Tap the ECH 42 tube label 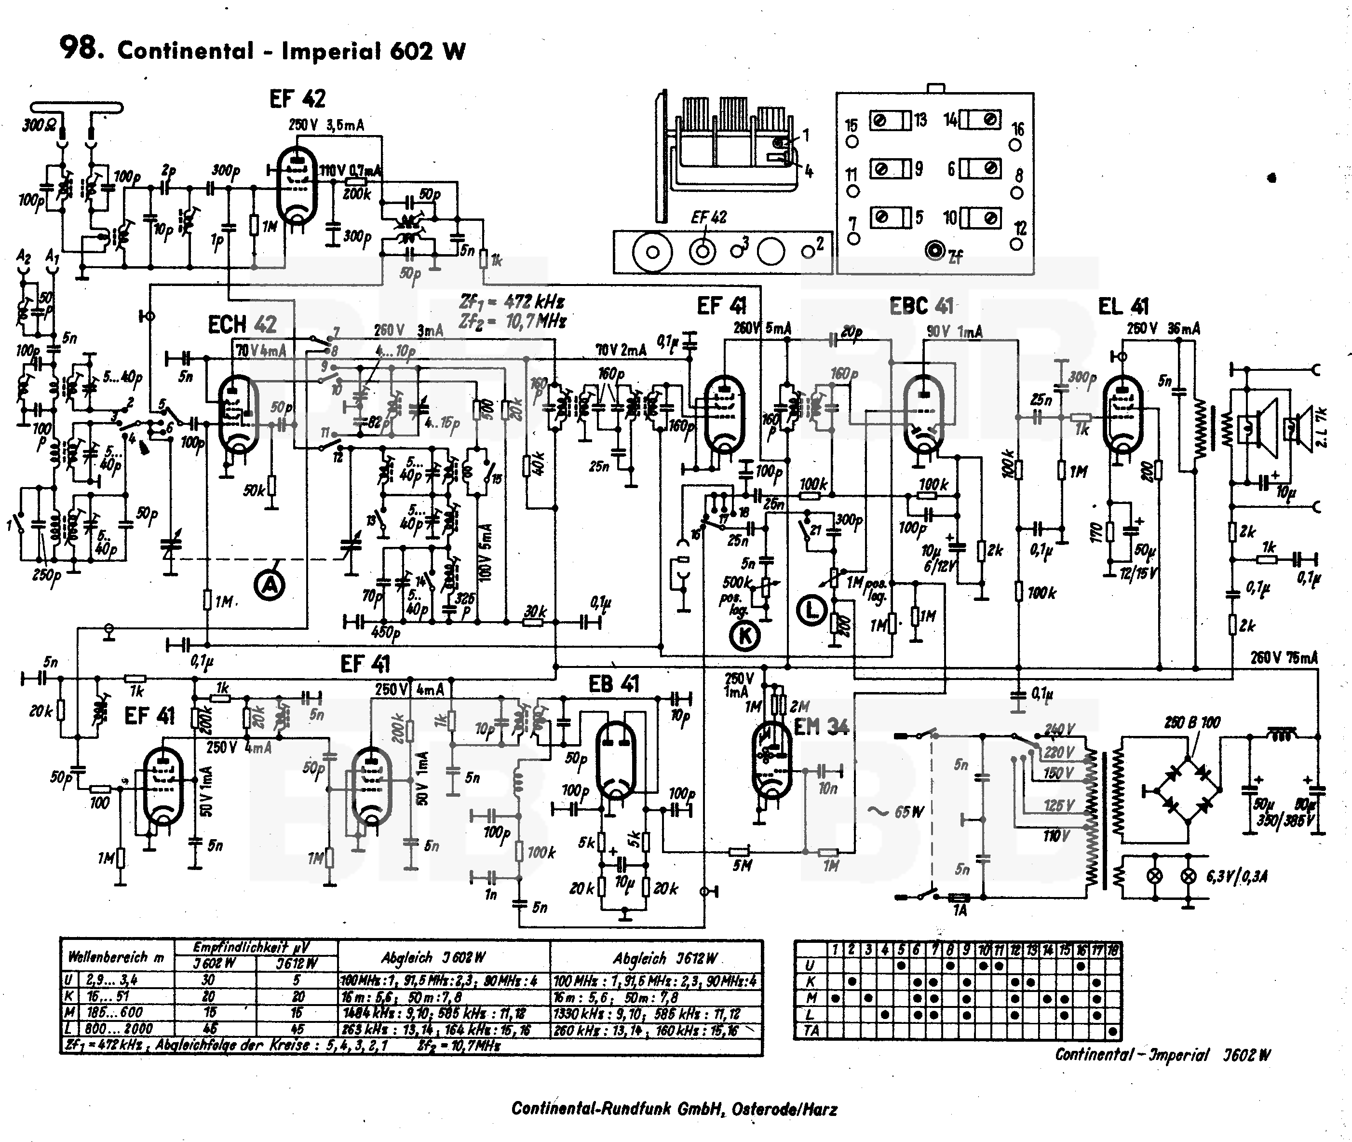coord(242,325)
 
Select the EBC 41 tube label coord(921,306)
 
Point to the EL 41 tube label coord(1123,306)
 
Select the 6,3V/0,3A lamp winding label coord(1237,877)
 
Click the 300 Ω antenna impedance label coord(39,125)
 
